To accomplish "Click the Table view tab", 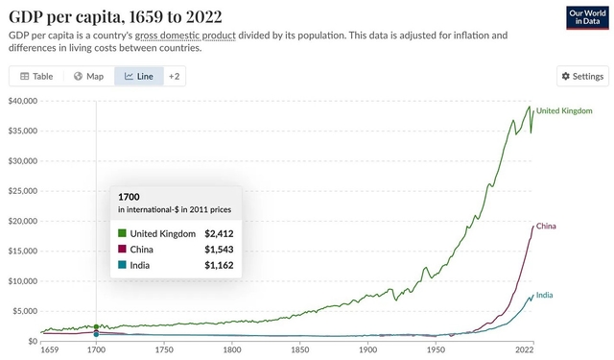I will tap(36, 76).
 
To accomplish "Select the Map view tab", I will tap(88, 76).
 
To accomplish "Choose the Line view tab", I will tap(139, 76).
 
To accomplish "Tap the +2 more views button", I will tap(174, 76).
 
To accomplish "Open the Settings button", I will tap(582, 76).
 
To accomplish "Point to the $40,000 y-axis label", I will tap(22, 100).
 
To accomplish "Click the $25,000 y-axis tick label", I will tap(22, 190).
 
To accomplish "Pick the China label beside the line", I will tap(546, 227).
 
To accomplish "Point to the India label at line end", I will tap(544, 295).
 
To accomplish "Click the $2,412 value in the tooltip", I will tap(219, 233).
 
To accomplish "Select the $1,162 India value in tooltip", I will tap(219, 264).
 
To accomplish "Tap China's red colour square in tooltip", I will tap(122, 249).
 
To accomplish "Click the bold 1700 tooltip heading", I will tap(128, 196).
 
